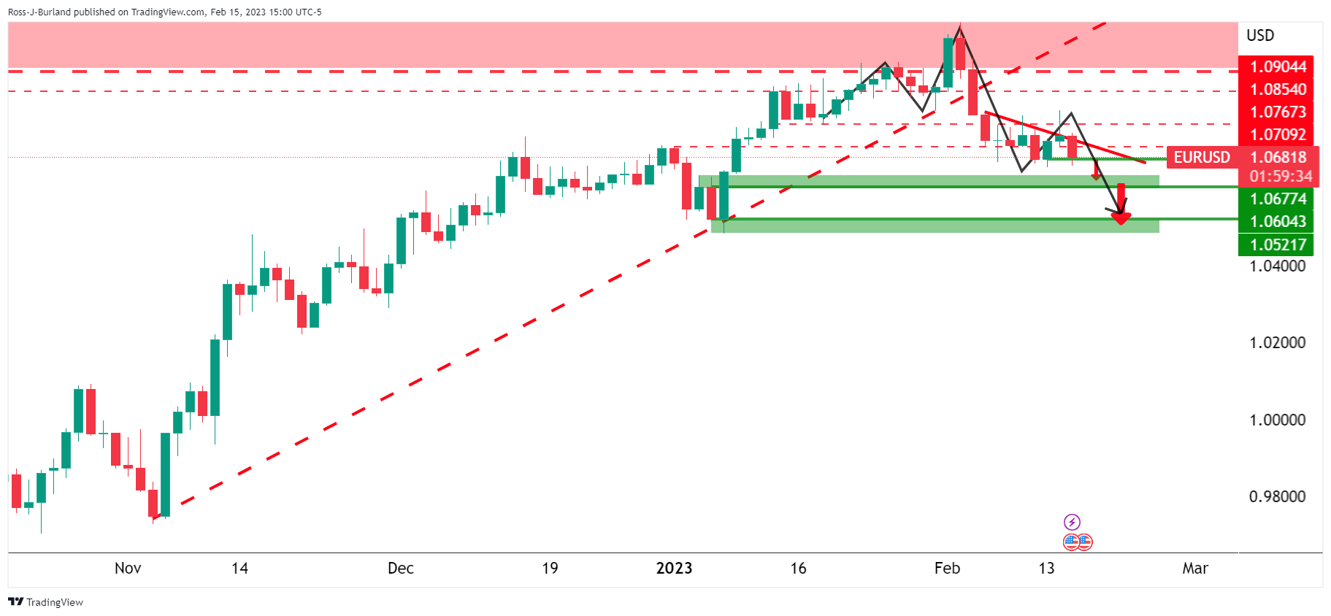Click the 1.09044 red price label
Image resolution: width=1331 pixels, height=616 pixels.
tap(1277, 67)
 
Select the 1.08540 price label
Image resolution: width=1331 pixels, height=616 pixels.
tap(1277, 90)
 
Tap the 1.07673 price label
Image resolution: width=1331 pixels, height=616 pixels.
tap(1277, 112)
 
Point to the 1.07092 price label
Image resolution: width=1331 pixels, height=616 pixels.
tap(1277, 135)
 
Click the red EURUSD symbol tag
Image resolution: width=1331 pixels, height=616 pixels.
tap(1201, 158)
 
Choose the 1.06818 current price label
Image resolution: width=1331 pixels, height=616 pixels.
tap(1278, 158)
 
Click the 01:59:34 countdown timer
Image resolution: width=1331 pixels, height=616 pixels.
tap(1280, 177)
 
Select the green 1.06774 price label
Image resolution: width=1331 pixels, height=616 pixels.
tap(1277, 199)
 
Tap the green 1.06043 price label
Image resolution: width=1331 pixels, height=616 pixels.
tap(1277, 221)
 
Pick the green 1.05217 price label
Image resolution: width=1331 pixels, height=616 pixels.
tap(1277, 245)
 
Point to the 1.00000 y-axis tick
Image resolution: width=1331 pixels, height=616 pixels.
tap(1277, 420)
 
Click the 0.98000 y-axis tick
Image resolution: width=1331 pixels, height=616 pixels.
tap(1277, 497)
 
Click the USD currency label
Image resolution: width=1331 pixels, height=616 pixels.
tap(1260, 35)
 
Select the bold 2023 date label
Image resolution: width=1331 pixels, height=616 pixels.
tap(674, 569)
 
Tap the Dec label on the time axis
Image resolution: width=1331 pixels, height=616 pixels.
tap(401, 569)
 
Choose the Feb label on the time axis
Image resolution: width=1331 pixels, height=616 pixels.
tap(947, 569)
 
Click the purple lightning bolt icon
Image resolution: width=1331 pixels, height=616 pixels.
tap(1072, 522)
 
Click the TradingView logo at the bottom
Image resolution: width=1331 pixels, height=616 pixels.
tap(46, 602)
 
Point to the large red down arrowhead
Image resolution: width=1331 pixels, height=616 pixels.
tap(1121, 217)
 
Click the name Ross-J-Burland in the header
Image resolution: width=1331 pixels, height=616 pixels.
tap(39, 12)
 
